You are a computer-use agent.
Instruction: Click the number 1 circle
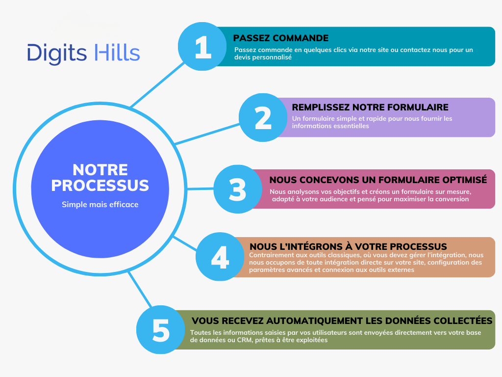[202, 47]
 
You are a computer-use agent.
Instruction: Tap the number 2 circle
[263, 118]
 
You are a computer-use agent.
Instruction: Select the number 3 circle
[238, 189]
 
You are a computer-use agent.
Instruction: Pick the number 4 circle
[220, 257]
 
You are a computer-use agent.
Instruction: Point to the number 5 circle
[161, 329]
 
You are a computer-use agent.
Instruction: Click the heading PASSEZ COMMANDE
[281, 38]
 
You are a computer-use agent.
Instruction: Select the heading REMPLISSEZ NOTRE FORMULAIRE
[370, 107]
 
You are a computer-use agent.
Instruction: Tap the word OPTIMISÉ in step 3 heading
[465, 180]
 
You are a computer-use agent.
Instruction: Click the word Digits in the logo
[57, 53]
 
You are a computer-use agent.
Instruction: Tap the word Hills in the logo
[117, 52]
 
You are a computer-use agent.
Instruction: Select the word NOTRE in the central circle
[100, 170]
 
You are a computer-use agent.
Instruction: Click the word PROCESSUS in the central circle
[100, 186]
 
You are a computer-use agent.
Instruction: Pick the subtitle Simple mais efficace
[100, 205]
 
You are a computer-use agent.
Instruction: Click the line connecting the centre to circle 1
[157, 84]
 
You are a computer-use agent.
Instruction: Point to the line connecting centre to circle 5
[140, 290]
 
